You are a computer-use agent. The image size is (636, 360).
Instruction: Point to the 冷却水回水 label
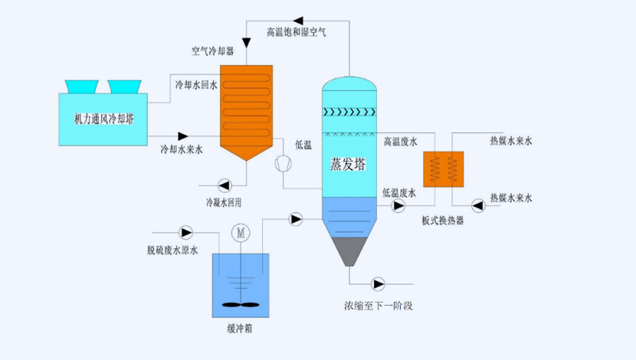[196, 85]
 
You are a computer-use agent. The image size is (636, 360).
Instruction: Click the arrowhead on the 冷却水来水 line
[182, 137]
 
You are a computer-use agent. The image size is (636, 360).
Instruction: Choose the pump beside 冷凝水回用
[223, 185]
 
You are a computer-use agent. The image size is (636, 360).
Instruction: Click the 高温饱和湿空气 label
[297, 33]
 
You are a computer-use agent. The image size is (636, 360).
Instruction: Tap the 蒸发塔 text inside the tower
[348, 164]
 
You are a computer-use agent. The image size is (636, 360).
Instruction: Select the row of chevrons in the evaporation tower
[349, 112]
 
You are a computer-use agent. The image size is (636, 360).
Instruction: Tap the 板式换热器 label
[442, 221]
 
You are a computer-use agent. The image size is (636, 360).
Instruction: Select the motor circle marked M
[241, 231]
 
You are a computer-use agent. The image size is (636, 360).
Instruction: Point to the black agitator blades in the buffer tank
[241, 303]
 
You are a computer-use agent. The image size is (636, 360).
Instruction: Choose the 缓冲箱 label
[241, 330]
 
